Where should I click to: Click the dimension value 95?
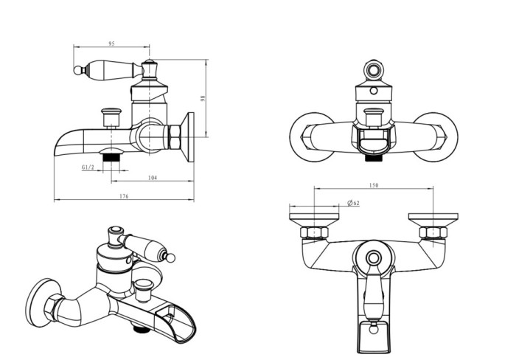coord(111,44)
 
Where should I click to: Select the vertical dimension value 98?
coord(203,98)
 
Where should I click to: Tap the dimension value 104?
coord(153,178)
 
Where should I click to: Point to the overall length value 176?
coord(124,196)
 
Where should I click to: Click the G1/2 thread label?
coord(88,167)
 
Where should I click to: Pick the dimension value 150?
coord(374,185)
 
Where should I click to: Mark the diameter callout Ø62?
coord(353,203)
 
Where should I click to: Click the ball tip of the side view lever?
coord(77,70)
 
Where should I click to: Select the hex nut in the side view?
coord(174,136)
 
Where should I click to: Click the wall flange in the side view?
coord(189,137)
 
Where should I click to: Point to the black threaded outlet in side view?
coord(111,157)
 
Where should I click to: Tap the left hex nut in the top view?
coord(314,232)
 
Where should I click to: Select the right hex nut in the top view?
coord(433,232)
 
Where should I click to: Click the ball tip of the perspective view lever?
coord(170,258)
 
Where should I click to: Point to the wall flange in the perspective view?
coord(42,302)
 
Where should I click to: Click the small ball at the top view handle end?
coord(373,329)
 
